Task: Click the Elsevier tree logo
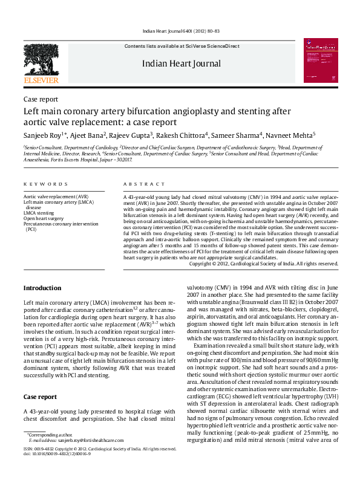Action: [x=41, y=58]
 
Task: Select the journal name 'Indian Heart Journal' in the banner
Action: [x=182, y=63]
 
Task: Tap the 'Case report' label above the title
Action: [x=41, y=99]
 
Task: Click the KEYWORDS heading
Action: [x=45, y=184]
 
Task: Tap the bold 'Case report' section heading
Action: [x=41, y=397]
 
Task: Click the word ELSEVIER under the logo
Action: [x=41, y=80]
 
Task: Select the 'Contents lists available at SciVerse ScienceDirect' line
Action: [x=182, y=46]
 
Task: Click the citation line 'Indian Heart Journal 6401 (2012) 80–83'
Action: [x=181, y=31]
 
